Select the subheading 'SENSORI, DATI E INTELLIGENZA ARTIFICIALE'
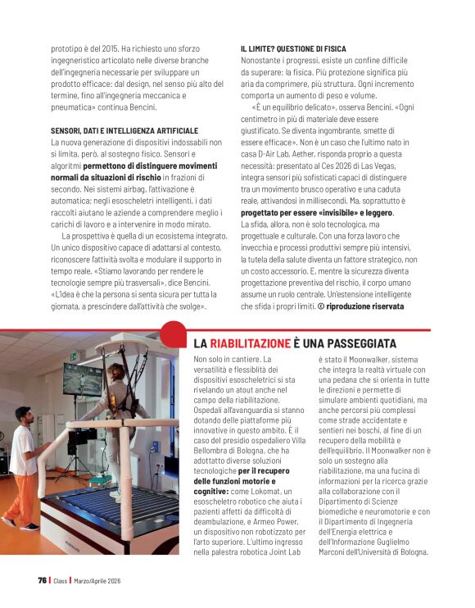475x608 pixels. point(124,131)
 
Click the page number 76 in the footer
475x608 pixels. point(42,580)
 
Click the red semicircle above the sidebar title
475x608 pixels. point(174,332)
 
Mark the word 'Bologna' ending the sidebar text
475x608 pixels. point(407,551)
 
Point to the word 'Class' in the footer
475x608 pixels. point(61,580)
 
